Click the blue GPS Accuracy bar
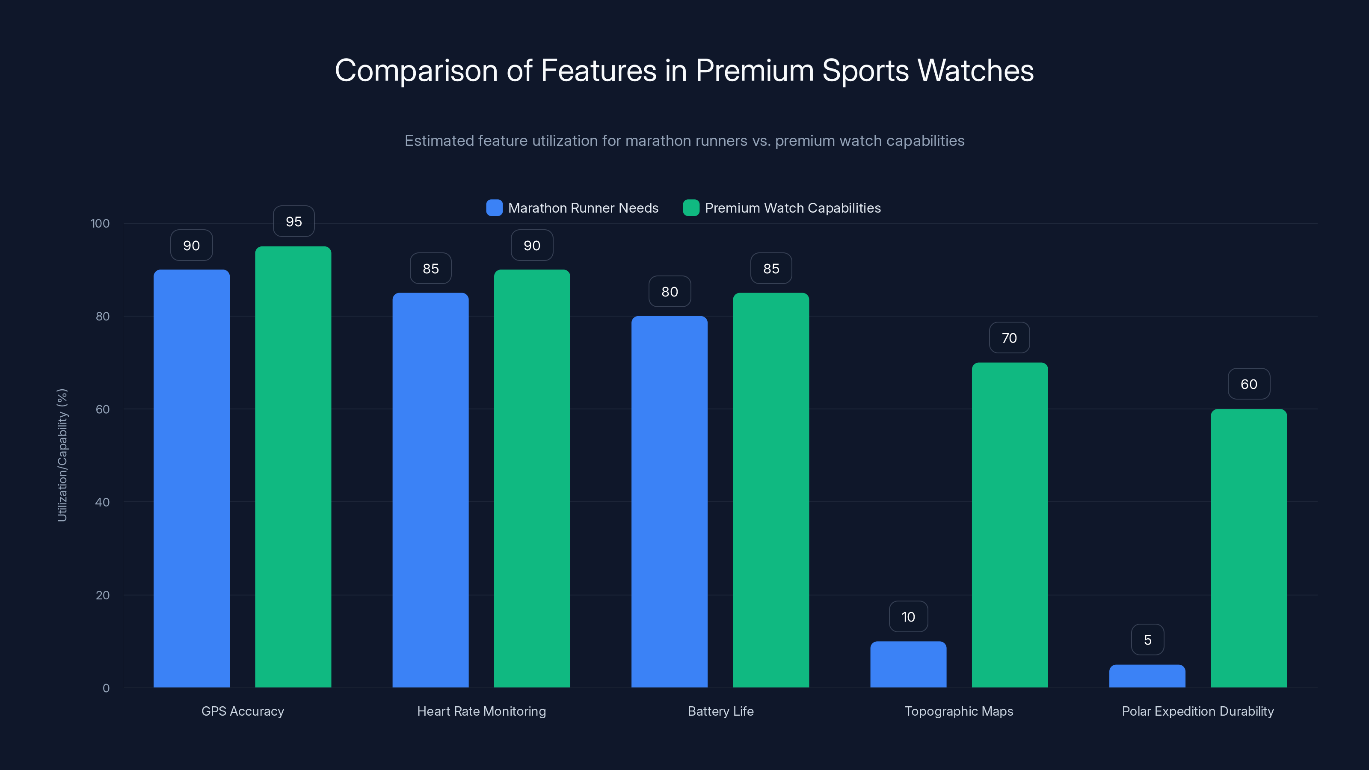pos(191,478)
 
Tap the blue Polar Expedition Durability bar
pos(1147,676)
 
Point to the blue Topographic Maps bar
pos(908,664)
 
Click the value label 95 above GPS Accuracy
pos(293,222)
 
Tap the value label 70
pos(1009,338)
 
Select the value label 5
pos(1147,640)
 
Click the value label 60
pos(1249,384)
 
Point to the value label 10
pos(908,617)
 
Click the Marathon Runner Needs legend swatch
pos(494,208)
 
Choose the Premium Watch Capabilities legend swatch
pos(691,208)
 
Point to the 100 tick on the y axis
pos(100,223)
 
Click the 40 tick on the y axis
pos(102,502)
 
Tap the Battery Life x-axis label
pos(720,711)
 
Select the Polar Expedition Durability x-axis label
pos(1198,711)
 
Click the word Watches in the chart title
pos(975,71)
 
